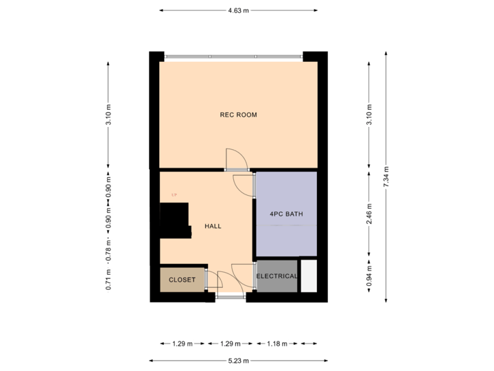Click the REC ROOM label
point(238,115)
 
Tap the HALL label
point(213,226)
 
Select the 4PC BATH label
point(286,214)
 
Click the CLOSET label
point(182,280)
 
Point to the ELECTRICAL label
point(277,276)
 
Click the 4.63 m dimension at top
point(238,10)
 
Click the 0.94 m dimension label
point(370,276)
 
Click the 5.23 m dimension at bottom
point(238,360)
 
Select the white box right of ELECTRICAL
point(308,276)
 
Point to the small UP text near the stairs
point(174,195)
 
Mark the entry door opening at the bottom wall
point(230,297)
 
